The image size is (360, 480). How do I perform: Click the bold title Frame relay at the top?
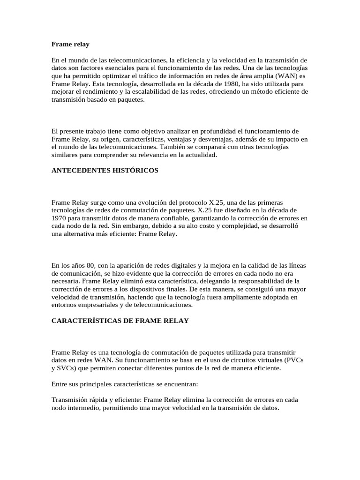(x=70, y=44)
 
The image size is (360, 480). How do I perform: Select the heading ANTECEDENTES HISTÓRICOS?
(x=105, y=170)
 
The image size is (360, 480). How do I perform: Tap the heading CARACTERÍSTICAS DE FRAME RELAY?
(x=120, y=321)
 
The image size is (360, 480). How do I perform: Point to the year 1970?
(x=60, y=218)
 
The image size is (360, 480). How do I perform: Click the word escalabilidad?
(x=157, y=92)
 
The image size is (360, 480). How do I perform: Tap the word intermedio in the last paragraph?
(x=87, y=408)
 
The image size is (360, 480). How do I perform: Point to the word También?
(x=227, y=147)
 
